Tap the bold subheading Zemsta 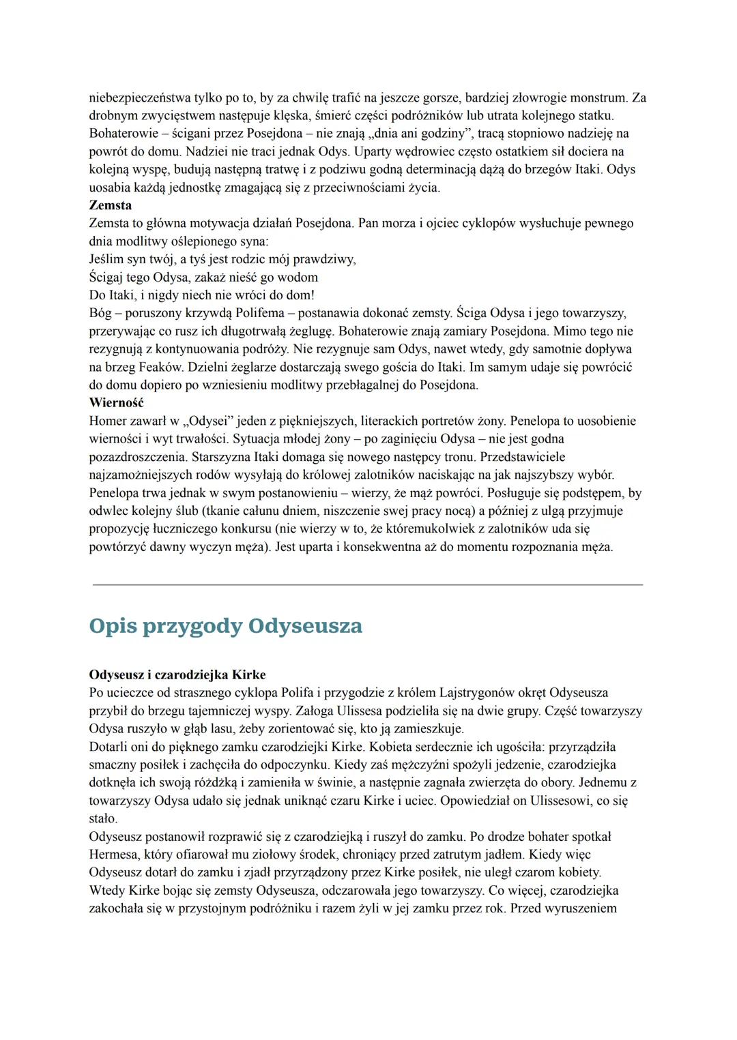tap(111, 205)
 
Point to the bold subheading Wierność tap(117, 403)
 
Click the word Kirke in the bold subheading tap(249, 675)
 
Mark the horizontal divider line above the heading tap(367, 584)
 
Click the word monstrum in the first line tap(601, 98)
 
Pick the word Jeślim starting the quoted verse tap(107, 259)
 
